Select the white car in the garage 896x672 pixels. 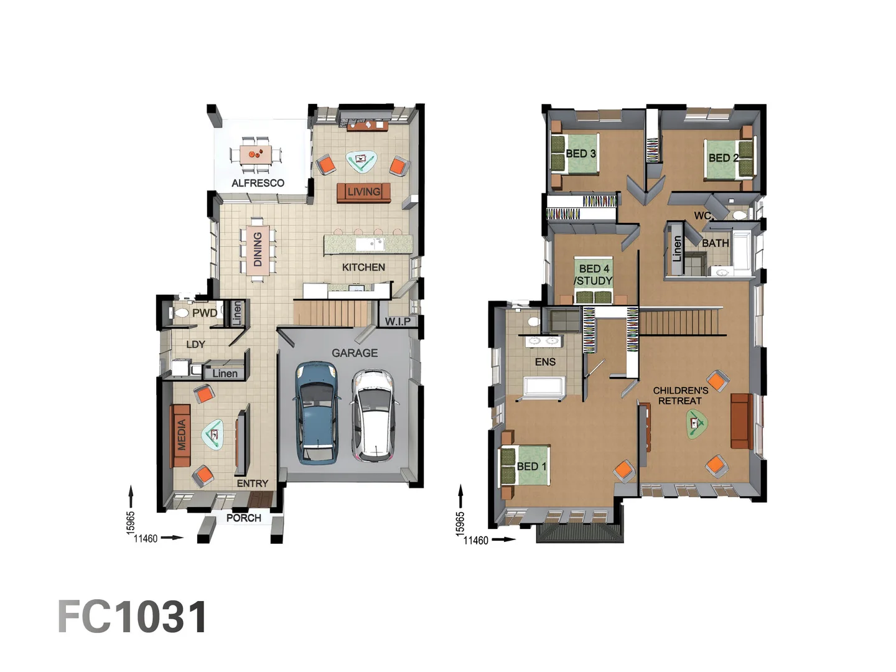click(373, 416)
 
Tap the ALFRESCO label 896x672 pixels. click(258, 183)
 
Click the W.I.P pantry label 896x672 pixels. click(398, 322)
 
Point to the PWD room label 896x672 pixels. click(205, 313)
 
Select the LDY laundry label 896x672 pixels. click(195, 344)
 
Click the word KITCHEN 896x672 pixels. click(363, 268)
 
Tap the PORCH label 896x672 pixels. click(244, 518)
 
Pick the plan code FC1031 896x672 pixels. click(133, 617)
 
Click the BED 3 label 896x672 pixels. click(581, 154)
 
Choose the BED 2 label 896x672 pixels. click(723, 157)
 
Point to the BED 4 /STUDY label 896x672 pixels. click(594, 274)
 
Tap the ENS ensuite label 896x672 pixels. click(545, 362)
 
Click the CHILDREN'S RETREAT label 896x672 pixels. click(681, 396)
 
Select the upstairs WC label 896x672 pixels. click(702, 215)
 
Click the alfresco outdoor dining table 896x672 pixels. click(256, 155)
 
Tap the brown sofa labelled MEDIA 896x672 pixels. click(180, 435)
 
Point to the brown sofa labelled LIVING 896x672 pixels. click(364, 192)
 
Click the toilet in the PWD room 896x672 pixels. click(179, 313)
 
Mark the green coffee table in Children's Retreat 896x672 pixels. click(696, 424)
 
